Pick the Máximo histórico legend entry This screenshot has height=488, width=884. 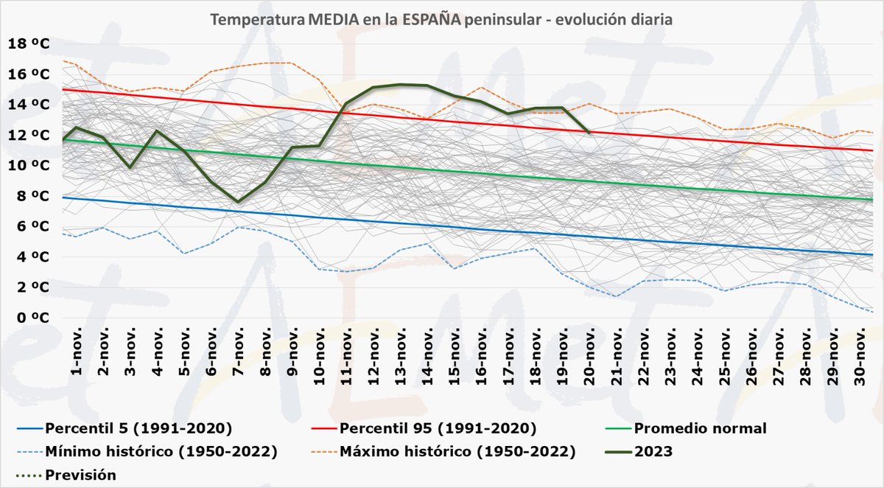coord(456,451)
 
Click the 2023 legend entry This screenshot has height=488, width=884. coord(653,451)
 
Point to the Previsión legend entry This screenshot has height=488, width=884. coord(80,475)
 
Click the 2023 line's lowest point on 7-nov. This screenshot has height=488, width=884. coord(239,202)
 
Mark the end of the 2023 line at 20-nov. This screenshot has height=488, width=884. coord(591,133)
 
